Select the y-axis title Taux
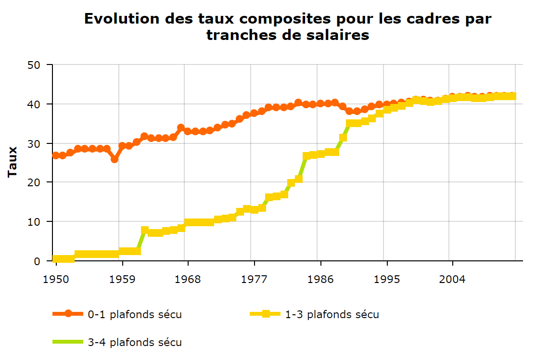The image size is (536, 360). [13, 162]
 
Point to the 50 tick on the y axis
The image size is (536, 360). [39, 65]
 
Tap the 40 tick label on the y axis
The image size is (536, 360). [39, 104]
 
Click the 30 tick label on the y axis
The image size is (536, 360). [39, 143]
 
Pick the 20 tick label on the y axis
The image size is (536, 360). [39, 182]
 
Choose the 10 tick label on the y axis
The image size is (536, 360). [39, 222]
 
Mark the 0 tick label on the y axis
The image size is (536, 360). [43, 261]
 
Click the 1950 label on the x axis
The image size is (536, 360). [56, 279]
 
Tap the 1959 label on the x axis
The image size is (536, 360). [122, 279]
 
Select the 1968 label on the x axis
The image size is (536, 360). [188, 279]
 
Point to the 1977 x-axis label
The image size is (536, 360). [254, 279]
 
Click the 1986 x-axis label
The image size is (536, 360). [320, 279]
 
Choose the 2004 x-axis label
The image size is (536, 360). [452, 279]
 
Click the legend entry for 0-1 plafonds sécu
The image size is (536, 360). [134, 315]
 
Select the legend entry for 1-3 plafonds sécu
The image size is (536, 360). [332, 315]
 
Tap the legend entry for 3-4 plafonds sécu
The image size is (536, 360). [134, 343]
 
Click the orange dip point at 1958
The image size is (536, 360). [115, 159]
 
